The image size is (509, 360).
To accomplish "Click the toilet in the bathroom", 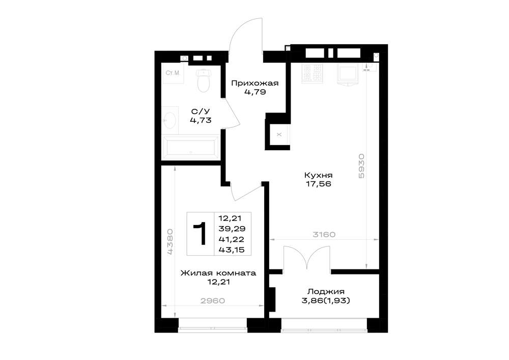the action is click(204, 80).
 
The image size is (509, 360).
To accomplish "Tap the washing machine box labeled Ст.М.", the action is click(173, 73).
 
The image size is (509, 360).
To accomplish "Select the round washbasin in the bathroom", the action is click(170, 120).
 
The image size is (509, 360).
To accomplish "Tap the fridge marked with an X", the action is click(279, 134).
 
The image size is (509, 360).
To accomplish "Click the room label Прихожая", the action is click(255, 84).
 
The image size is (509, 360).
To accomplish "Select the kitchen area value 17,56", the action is click(318, 184).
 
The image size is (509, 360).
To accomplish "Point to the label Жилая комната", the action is click(218, 273).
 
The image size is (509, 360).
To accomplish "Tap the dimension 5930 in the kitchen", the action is click(361, 165).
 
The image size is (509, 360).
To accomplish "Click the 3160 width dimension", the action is click(324, 234).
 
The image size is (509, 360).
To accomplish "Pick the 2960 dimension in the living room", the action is click(213, 301).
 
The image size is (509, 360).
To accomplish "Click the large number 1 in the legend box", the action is click(200, 234).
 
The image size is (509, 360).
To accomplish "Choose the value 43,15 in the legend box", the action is click(232, 250).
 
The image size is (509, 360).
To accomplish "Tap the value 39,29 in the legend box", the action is click(232, 229).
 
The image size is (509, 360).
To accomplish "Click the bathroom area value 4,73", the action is click(201, 121).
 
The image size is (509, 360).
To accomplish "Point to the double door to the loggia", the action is click(307, 258).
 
